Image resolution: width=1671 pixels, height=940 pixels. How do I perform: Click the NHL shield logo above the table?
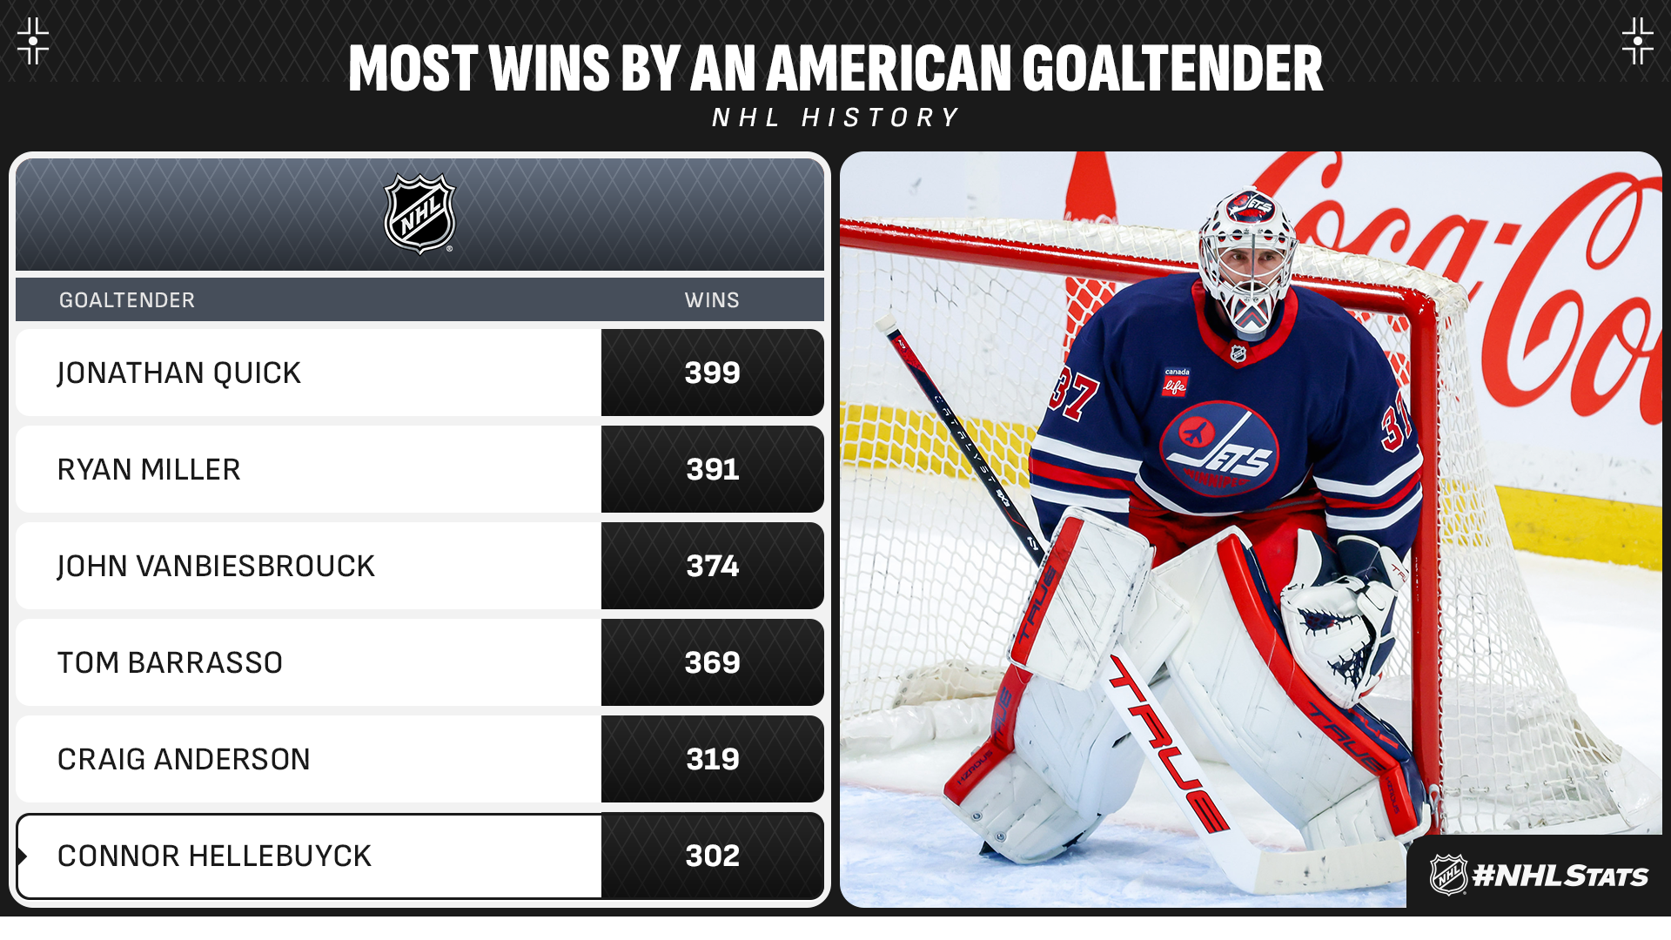coord(420,214)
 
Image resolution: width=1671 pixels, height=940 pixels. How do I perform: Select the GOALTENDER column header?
coord(127,300)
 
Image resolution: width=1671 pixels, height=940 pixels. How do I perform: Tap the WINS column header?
coord(712,300)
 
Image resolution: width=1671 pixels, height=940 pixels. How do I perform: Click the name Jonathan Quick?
coord(179,373)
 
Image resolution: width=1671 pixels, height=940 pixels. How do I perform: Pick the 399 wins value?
coord(713,373)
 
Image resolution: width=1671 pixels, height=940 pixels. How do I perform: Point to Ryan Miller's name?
coord(149,469)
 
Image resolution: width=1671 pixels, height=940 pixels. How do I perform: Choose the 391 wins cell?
coord(713,469)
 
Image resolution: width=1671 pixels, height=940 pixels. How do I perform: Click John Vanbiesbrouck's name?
coord(216,566)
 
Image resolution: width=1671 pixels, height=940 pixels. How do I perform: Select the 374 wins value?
coord(713,566)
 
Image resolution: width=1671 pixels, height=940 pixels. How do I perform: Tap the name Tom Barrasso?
coord(170,662)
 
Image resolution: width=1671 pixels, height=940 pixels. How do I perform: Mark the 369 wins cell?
coord(713,662)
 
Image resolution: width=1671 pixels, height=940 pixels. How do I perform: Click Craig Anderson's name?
coord(184,759)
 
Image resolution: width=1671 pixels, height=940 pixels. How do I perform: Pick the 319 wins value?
coord(713,759)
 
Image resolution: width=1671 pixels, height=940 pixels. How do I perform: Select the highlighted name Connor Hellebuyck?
coord(214,856)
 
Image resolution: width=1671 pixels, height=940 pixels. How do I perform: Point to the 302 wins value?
coord(713,856)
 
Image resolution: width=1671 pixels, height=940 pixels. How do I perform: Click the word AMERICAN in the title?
coord(889,68)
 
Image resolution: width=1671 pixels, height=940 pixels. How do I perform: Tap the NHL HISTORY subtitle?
coord(835,117)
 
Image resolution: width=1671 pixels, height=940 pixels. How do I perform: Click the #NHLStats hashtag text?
coord(1560,876)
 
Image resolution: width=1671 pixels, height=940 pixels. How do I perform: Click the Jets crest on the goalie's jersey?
coord(1218,448)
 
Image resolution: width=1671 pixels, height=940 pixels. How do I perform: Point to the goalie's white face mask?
coord(1247,261)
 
